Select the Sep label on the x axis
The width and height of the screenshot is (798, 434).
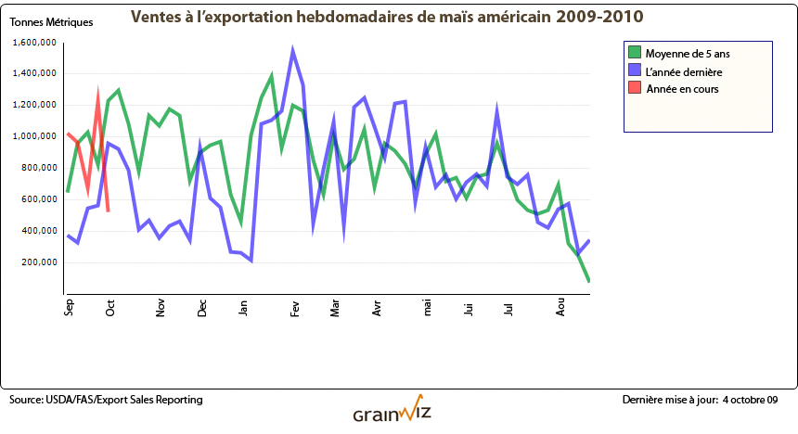(x=69, y=308)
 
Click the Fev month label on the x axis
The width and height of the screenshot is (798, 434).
(x=294, y=308)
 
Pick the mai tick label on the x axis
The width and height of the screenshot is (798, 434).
(x=428, y=307)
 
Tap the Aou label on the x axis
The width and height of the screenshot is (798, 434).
(x=560, y=308)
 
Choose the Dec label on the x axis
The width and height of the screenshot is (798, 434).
(x=202, y=308)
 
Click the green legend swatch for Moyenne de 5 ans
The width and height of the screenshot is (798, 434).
(x=635, y=52)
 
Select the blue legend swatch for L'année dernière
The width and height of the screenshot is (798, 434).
(x=635, y=70)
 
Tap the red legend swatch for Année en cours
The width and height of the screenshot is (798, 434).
(x=635, y=89)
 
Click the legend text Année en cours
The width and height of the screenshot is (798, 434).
(x=682, y=89)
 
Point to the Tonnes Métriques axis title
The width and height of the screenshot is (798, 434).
(x=51, y=22)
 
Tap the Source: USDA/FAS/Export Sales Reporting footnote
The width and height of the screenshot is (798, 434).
(x=106, y=400)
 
